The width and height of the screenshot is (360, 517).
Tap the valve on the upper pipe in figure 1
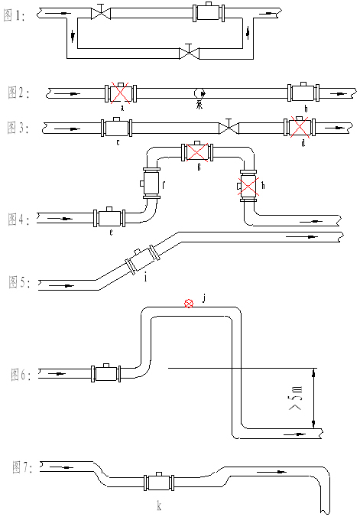point(101,14)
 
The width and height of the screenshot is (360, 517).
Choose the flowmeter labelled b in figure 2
point(304,94)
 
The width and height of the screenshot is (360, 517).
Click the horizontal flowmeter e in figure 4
point(109,219)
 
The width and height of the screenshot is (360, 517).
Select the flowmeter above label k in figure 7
point(159,483)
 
